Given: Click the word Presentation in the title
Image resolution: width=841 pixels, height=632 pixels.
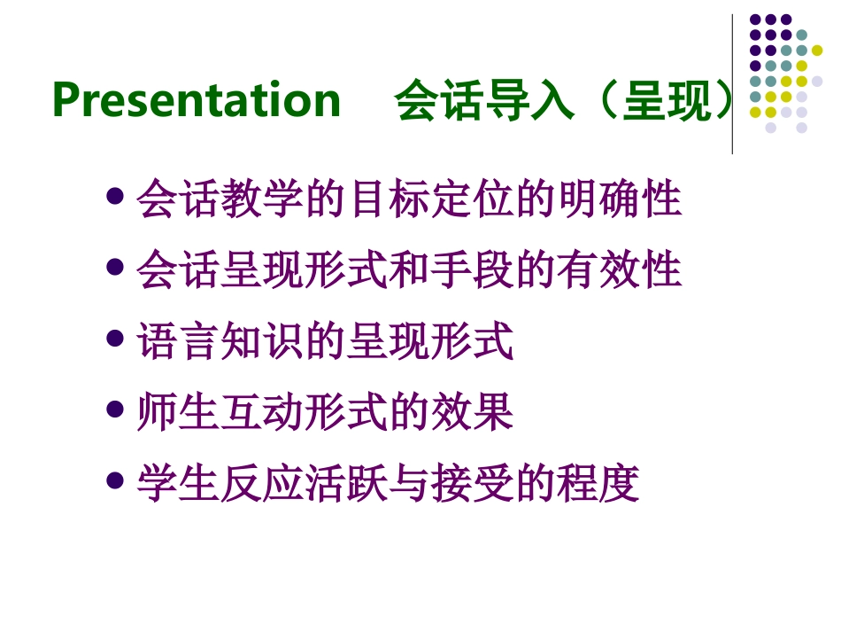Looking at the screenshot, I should [x=197, y=100].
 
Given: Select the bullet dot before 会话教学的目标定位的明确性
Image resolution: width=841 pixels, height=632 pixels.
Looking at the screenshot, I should [x=114, y=196].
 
